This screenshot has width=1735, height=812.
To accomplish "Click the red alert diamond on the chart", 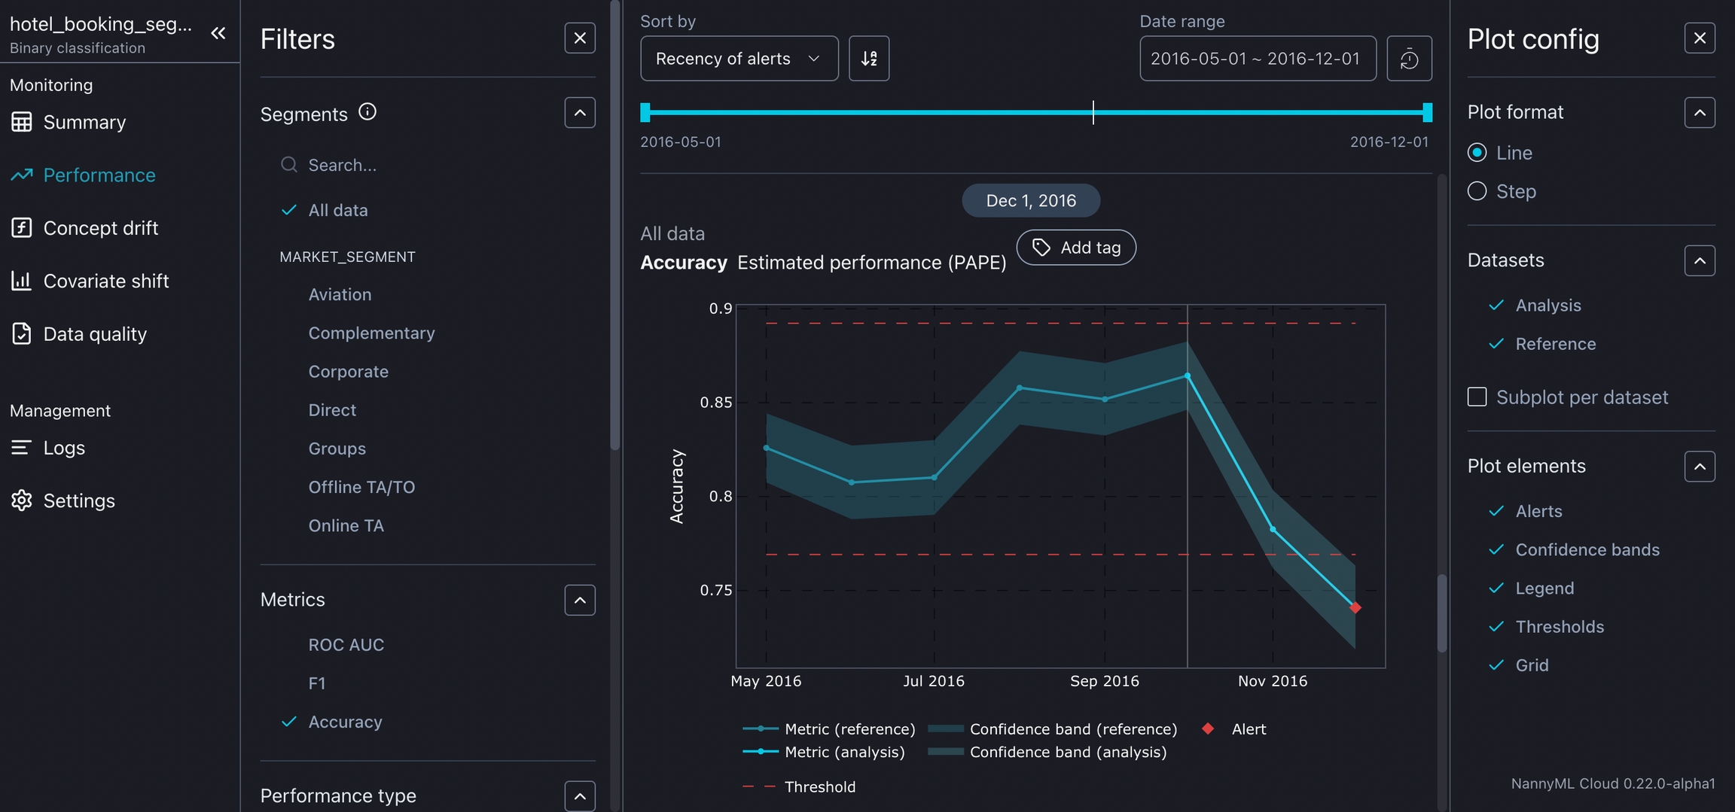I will click(1355, 607).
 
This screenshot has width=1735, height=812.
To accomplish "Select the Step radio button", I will click(1477, 191).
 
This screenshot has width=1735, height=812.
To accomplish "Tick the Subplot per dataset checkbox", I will click(1477, 397).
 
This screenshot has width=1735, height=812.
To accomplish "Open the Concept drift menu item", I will click(100, 228).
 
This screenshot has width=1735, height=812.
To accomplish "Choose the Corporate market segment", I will click(348, 372).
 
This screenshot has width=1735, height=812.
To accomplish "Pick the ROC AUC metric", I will click(346, 645).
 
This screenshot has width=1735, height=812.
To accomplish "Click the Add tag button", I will click(1076, 248).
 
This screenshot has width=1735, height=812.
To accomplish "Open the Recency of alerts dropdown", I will click(739, 59).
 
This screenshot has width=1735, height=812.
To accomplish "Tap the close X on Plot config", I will click(1700, 38).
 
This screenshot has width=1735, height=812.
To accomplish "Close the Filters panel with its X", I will click(580, 38).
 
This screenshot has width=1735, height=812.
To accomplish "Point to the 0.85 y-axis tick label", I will click(715, 403).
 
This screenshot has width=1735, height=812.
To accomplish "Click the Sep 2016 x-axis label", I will click(1104, 681).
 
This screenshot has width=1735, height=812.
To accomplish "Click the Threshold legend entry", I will click(819, 787).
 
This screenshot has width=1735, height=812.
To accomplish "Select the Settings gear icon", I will click(22, 500).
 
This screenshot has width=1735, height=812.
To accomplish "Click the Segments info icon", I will click(367, 112).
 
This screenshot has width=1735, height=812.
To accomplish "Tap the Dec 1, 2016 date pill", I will click(1030, 201).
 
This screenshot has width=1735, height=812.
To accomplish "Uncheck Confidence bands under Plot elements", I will click(1587, 550).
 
